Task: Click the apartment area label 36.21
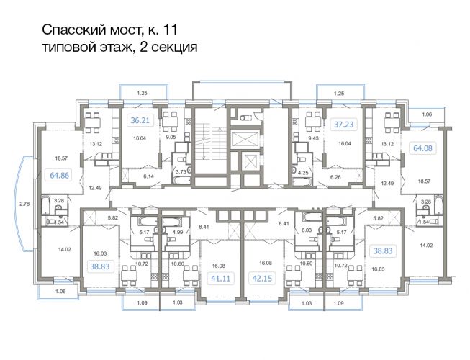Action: pos(140,120)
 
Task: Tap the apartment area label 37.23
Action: pos(344,124)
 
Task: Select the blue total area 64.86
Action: pos(59,176)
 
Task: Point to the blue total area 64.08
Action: pos(422,148)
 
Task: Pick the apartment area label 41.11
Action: pos(221,279)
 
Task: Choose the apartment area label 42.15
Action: pos(262,279)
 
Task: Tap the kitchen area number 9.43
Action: pos(313,138)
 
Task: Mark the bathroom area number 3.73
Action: pos(181,172)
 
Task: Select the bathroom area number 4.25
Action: pos(303,172)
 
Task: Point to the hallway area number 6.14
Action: pos(148,176)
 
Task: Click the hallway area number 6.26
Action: pos(335,177)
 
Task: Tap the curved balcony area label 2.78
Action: pos(24,204)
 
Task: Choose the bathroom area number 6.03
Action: pos(307,230)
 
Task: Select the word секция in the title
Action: pos(174,48)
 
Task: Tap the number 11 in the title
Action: pos(171,30)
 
